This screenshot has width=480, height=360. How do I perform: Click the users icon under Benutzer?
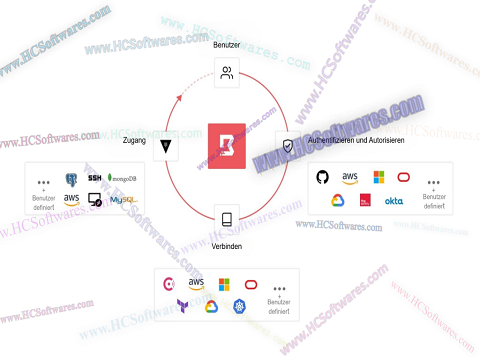point(227,72)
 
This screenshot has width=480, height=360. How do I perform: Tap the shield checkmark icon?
point(288,146)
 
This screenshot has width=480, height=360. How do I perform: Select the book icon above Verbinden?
point(227,219)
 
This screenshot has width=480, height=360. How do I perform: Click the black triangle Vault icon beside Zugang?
point(165,147)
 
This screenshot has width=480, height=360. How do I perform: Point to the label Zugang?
point(134,141)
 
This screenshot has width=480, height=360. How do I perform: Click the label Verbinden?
point(227,245)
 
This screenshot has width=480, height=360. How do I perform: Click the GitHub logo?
point(322,177)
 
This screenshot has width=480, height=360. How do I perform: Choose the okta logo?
point(394,201)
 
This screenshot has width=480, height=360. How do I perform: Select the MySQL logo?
point(123,200)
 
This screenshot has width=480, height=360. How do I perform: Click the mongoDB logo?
point(124,178)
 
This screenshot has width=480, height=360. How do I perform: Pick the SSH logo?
point(95,177)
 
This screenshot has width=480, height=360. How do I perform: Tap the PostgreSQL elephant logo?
point(72,179)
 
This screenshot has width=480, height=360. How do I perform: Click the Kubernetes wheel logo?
point(239,307)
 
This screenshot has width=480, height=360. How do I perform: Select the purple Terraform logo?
point(184,307)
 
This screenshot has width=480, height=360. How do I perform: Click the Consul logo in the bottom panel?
point(171,284)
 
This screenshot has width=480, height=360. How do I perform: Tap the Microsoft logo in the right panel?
point(378,177)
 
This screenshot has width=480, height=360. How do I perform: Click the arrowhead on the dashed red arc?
point(181,97)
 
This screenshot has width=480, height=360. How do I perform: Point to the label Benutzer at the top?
point(227,46)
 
